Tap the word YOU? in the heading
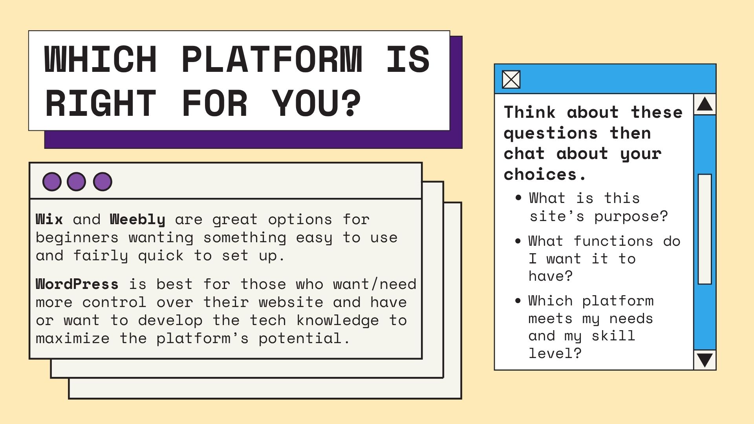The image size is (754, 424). (x=316, y=103)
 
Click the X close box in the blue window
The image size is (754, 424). (x=511, y=79)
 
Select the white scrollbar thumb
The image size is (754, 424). (x=705, y=229)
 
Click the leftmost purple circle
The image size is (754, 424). (x=52, y=181)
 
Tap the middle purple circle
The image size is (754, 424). (x=76, y=181)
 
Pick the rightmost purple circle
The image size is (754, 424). (x=102, y=181)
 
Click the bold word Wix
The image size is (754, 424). (x=49, y=219)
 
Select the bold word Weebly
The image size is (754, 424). (x=137, y=220)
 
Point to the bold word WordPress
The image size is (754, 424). (x=77, y=284)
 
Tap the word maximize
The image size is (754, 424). (x=73, y=338)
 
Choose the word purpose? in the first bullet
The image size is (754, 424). (x=631, y=217)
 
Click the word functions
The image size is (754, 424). (x=613, y=241)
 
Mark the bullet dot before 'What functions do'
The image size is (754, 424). (x=518, y=241)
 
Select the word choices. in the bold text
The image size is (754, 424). (x=545, y=174)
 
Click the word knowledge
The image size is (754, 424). (x=338, y=321)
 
